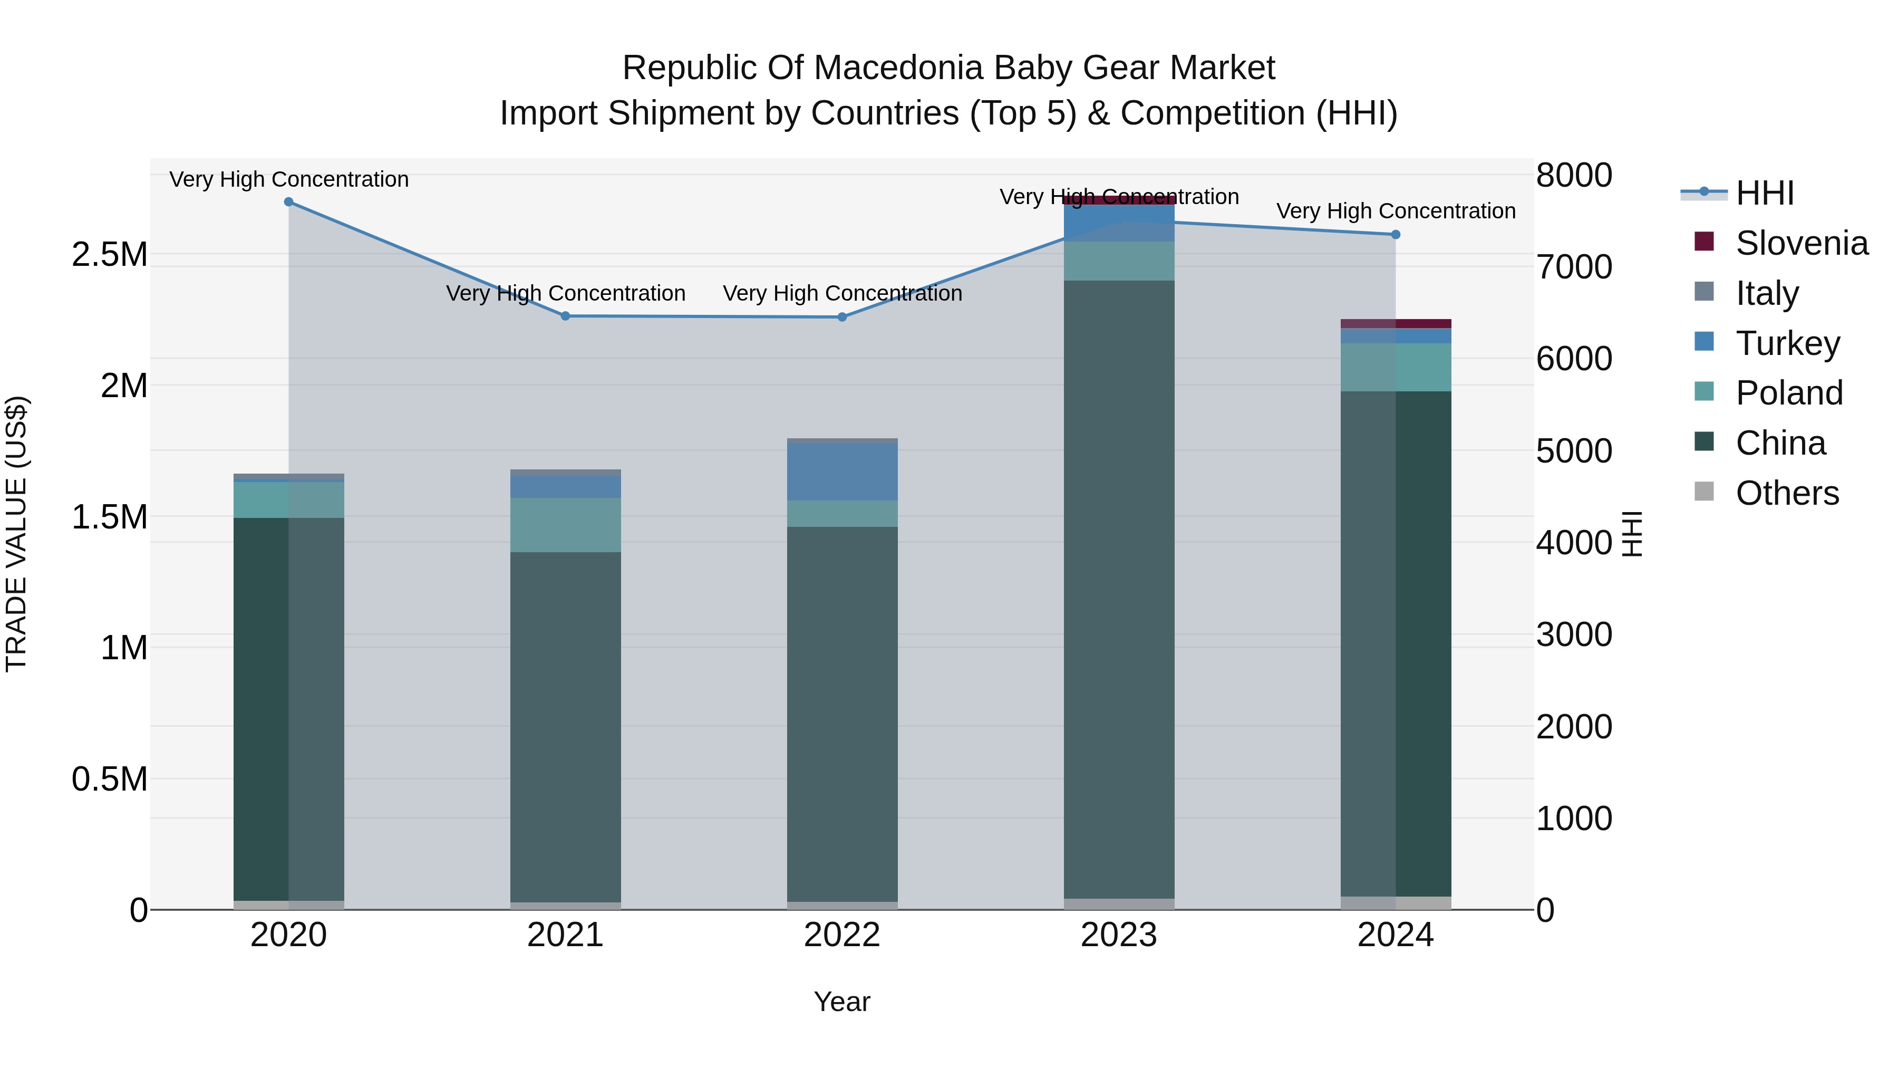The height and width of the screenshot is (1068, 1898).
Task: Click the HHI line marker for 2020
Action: point(289,202)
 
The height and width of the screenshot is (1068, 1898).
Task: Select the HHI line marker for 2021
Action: point(566,316)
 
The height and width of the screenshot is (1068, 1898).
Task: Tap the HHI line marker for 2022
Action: point(842,317)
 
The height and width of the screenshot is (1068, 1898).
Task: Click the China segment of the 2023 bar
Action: point(1119,590)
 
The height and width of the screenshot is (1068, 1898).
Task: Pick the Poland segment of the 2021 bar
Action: point(566,525)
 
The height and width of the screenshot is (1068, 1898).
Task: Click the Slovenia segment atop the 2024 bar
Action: point(1396,324)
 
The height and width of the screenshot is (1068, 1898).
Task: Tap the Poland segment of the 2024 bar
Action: point(1396,367)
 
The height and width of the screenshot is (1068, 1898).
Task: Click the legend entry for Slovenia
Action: point(1801,243)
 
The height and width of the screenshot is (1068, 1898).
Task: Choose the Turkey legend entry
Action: point(1787,343)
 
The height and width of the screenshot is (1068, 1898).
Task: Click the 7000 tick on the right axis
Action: point(1574,267)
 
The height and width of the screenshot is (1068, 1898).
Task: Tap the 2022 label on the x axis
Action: point(842,935)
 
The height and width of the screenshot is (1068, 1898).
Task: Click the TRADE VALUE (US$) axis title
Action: point(17,534)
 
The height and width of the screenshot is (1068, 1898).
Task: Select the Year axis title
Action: point(842,1002)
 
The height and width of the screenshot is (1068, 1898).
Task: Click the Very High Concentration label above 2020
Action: point(289,179)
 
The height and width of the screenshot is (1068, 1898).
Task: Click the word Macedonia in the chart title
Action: point(898,68)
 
